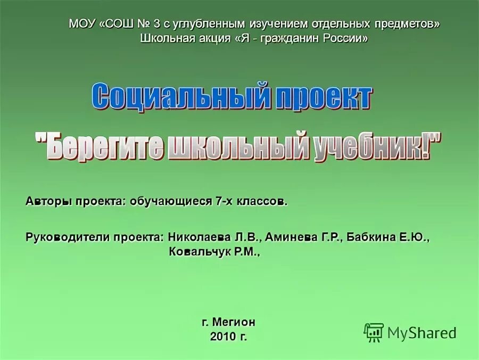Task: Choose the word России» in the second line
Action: click(x=344, y=38)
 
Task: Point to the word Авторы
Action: click(x=48, y=202)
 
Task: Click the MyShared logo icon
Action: click(x=374, y=332)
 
